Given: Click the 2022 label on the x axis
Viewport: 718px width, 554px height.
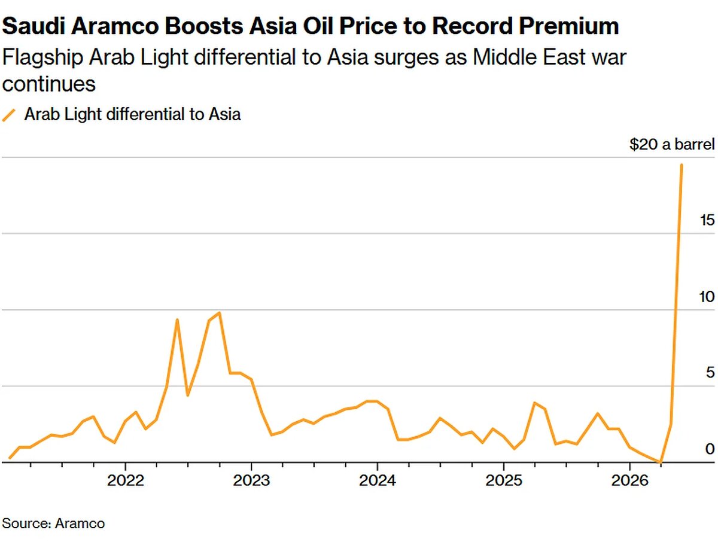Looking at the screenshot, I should (x=125, y=482).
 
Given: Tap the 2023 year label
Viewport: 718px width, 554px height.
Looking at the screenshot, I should (x=251, y=482).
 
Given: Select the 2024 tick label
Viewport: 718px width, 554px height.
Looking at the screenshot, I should (x=378, y=482).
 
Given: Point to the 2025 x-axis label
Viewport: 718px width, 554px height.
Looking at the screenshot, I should (x=504, y=482).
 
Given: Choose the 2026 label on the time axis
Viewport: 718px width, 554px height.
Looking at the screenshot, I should (x=629, y=482).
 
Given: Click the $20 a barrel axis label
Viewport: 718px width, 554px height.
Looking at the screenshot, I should (x=671, y=145).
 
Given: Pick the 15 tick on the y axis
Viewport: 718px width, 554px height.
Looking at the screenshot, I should (x=707, y=220).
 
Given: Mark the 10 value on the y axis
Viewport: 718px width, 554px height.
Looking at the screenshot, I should (x=707, y=297).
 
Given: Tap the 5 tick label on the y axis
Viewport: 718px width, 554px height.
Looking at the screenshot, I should (x=710, y=373).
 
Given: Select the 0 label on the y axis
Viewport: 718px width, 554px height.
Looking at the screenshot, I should (x=710, y=449).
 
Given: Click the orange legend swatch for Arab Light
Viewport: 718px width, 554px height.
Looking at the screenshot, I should (x=10, y=115).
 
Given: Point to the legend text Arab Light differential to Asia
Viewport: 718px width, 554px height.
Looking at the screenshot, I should (x=132, y=114).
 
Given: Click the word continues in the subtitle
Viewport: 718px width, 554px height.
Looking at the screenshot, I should (x=49, y=84).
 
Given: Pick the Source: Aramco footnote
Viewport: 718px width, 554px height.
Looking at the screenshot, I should (x=53, y=523).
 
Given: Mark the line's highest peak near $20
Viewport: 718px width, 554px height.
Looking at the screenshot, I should (x=682, y=165).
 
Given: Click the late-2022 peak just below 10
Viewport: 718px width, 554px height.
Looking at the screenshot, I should (x=220, y=313).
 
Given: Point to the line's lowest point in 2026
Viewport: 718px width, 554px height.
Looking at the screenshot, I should (x=661, y=462).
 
